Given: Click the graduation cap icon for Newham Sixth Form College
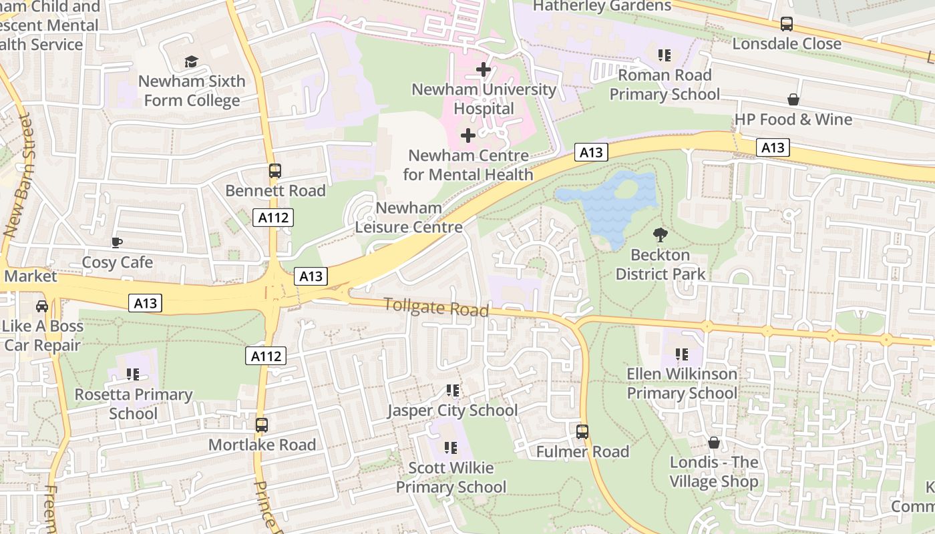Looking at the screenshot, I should pyautogui.click(x=192, y=62).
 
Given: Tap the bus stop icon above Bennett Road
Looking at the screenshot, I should pyautogui.click(x=275, y=171).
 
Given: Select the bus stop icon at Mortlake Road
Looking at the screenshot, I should pyautogui.click(x=262, y=425).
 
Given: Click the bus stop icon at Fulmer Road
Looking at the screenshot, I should pyautogui.click(x=582, y=432).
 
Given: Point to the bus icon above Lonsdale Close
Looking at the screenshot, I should pyautogui.click(x=787, y=25).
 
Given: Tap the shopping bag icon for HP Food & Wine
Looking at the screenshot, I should pyautogui.click(x=793, y=100).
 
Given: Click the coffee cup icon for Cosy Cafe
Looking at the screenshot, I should pyautogui.click(x=117, y=243).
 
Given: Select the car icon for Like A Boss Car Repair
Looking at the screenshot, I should pyautogui.click(x=42, y=306).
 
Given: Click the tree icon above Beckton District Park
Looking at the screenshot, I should pyautogui.click(x=660, y=235).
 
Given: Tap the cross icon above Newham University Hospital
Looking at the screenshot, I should pyautogui.click(x=484, y=69).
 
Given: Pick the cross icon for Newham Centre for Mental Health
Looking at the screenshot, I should pyautogui.click(x=468, y=136).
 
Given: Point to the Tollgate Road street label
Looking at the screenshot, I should pyautogui.click(x=437, y=308).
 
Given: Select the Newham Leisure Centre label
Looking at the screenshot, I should pyautogui.click(x=409, y=218).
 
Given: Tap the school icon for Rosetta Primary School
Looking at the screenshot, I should pyautogui.click(x=132, y=375).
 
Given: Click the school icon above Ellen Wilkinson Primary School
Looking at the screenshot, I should pyautogui.click(x=681, y=354).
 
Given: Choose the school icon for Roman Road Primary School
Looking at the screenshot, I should pyautogui.click(x=664, y=55).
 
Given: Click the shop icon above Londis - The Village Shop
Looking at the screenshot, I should pyautogui.click(x=714, y=443).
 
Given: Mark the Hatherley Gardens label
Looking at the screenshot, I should pyautogui.click(x=602, y=6).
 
